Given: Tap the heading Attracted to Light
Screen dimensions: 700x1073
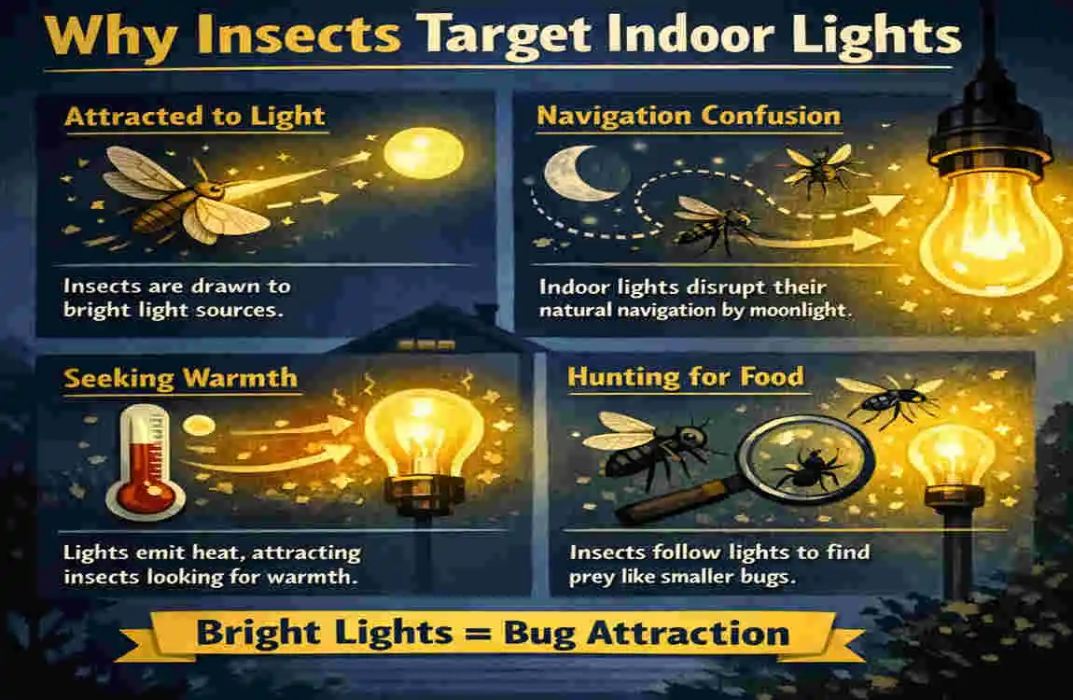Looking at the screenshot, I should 193,117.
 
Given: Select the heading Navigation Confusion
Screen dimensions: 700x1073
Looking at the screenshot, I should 689,117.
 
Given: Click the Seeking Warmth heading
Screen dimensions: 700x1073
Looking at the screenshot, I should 180,378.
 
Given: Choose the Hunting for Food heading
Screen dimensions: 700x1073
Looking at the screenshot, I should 686,377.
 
